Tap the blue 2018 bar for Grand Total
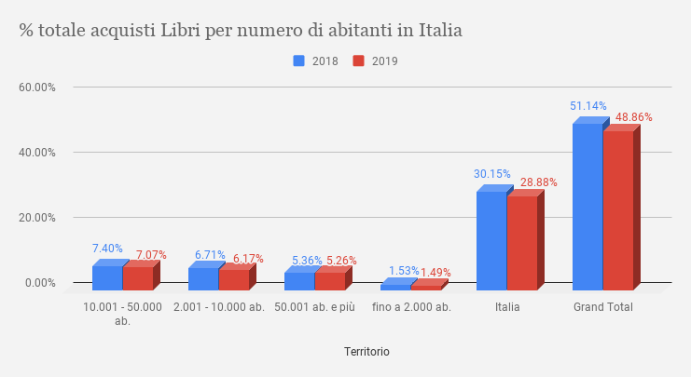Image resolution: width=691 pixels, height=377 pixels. (587, 206)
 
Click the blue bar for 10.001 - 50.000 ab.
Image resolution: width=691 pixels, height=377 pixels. (106, 277)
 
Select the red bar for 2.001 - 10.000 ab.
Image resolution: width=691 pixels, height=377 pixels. (233, 279)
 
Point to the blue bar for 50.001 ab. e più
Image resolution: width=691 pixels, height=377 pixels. (298, 280)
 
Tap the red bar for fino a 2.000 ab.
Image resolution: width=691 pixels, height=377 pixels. (425, 287)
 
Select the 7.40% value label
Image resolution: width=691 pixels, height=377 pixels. (107, 249)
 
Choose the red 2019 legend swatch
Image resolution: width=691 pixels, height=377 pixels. (358, 61)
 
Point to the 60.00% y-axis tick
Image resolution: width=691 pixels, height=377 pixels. (38, 88)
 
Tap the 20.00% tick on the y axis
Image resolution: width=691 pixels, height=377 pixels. (38, 218)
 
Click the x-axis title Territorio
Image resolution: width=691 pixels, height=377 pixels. (366, 352)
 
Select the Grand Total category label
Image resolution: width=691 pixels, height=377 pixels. (603, 307)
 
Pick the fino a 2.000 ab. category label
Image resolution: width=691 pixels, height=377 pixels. (411, 307)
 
